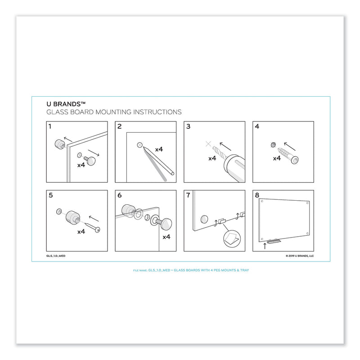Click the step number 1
[x=50, y=126]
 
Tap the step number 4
[x=257, y=126]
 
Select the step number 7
[x=189, y=196]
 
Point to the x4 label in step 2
[x=159, y=149]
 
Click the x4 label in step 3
[x=212, y=158]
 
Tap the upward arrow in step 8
[x=265, y=246]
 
